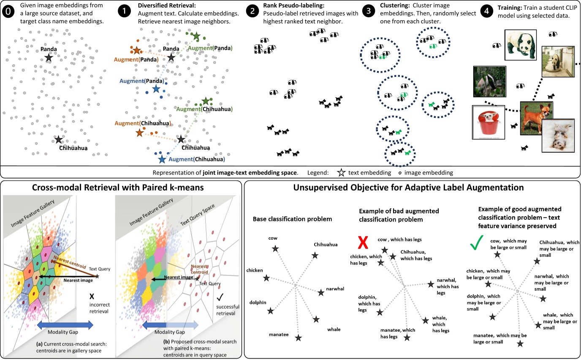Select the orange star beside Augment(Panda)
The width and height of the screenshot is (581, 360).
[137, 51]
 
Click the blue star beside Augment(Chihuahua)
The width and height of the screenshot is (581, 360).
[162, 159]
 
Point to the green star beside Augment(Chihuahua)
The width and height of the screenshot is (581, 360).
[206, 101]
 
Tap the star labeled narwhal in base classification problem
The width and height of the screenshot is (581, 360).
[321, 292]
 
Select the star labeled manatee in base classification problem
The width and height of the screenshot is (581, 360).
[299, 338]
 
